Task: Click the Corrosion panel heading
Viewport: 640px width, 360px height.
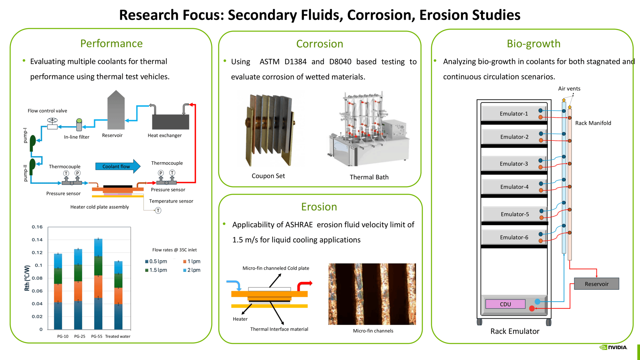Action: [319, 44]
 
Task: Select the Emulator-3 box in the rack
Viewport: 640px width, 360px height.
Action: [513, 164]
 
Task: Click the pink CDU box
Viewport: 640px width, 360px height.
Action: [505, 304]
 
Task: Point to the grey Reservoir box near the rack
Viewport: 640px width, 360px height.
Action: [596, 284]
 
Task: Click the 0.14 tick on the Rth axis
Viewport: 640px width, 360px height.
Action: [37, 240]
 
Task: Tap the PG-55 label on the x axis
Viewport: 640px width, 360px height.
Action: [97, 336]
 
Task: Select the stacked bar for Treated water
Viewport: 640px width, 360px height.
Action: [118, 295]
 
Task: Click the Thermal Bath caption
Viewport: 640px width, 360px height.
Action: [369, 177]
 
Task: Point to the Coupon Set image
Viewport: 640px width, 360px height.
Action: [269, 130]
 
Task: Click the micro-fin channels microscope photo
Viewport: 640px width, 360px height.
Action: [372, 294]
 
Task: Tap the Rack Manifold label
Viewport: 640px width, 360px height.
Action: [593, 123]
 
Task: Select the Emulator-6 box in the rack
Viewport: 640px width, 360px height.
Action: [513, 237]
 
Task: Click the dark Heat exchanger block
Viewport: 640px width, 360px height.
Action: [170, 122]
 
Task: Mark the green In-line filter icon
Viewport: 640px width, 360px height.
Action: [79, 125]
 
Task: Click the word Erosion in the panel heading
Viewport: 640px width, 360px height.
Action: [319, 207]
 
